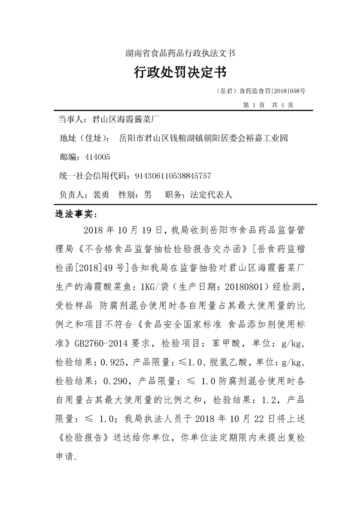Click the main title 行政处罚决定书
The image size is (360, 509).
[x=180, y=72]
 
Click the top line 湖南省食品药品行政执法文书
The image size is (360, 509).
[x=180, y=53]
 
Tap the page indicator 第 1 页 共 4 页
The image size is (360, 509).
[x=268, y=105]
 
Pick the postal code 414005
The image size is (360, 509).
[x=98, y=157]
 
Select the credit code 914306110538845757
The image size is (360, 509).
[x=171, y=176]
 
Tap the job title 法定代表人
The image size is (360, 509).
[x=211, y=195]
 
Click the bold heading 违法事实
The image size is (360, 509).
[x=73, y=214]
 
